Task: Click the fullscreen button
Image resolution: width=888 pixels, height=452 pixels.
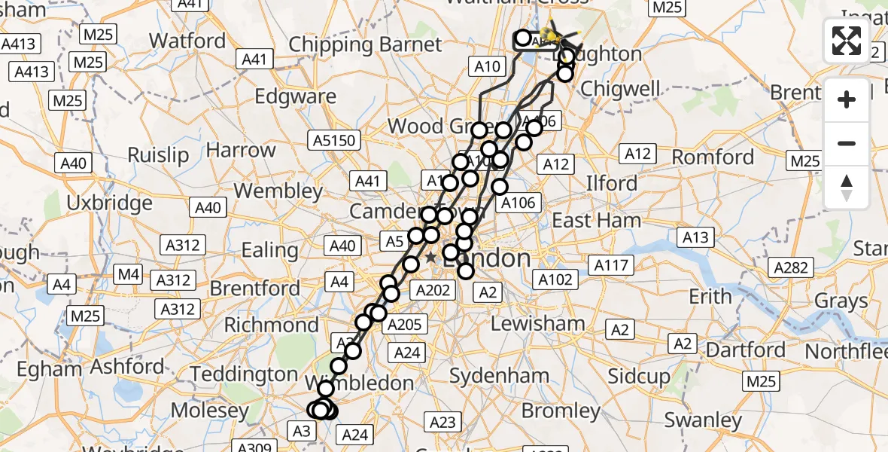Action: [x=847, y=41]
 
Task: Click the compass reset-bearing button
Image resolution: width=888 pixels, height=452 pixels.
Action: [x=847, y=188]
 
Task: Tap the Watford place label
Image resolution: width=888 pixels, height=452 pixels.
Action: [x=187, y=40]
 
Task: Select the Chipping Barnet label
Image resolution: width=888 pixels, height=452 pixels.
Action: [x=365, y=44]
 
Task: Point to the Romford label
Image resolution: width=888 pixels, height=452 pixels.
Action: [x=712, y=157]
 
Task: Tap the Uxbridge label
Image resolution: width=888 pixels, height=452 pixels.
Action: [x=109, y=203]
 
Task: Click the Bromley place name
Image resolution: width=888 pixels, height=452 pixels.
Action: [x=561, y=411]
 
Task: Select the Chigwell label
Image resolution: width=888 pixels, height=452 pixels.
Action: [x=621, y=89]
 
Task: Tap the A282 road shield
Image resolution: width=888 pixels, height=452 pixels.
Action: [x=790, y=267]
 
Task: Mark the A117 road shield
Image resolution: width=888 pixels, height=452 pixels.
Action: [x=611, y=265]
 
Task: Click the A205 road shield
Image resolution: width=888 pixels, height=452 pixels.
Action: [x=406, y=325]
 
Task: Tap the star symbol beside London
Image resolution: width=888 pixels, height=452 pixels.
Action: [x=430, y=258]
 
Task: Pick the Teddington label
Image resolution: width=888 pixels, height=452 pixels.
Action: [x=244, y=374]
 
